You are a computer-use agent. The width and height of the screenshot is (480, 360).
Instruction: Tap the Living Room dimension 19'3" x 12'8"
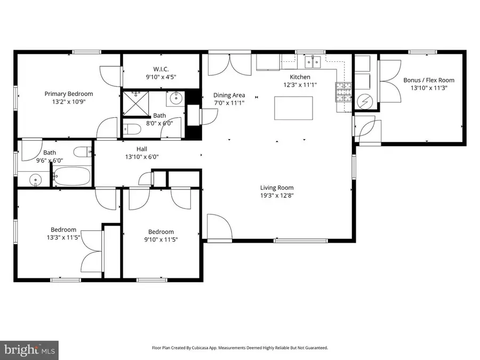tap(277, 196)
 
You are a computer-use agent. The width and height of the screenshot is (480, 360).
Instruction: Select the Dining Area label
tap(229, 95)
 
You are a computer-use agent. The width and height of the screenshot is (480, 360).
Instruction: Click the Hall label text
tap(142, 149)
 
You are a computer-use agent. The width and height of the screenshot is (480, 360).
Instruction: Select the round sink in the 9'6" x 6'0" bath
tap(36, 180)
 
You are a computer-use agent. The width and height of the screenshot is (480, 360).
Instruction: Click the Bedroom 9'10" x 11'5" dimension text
tap(161, 239)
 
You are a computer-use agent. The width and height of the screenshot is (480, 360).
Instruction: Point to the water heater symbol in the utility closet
tap(366, 100)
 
